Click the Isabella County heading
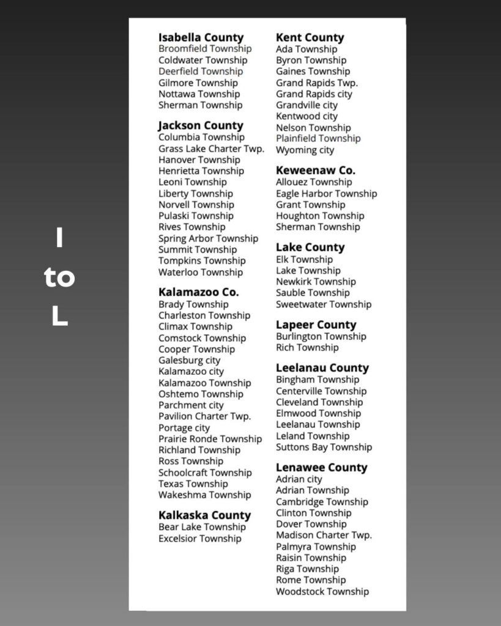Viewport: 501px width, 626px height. click(201, 37)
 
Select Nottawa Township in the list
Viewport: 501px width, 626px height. click(199, 94)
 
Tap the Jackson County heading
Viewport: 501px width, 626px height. click(201, 125)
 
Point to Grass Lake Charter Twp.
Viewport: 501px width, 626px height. click(211, 149)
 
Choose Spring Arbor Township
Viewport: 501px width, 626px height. click(208, 238)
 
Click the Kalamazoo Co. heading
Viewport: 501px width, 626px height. click(198, 292)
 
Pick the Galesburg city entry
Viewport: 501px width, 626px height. click(189, 360)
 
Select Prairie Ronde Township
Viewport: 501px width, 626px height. click(210, 439)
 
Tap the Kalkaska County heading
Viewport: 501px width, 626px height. click(204, 515)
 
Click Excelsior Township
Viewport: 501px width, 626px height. click(199, 539)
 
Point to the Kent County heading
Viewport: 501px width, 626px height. click(310, 37)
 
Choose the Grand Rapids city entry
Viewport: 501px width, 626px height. click(314, 94)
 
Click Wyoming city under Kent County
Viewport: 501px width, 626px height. click(305, 150)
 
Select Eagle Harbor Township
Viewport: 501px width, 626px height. click(326, 193)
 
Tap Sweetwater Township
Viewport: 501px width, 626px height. click(323, 304)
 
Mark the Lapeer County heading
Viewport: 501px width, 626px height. click(316, 325)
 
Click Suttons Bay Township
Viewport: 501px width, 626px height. click(324, 447)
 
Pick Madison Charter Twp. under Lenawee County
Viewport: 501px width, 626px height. click(324, 535)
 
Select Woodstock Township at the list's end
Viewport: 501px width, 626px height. click(322, 591)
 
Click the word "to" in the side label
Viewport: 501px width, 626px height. click(59, 278)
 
